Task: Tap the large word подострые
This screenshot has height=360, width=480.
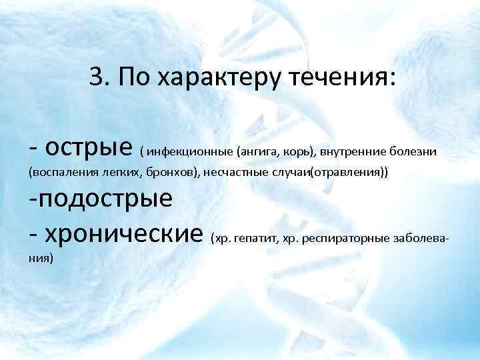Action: [101, 199]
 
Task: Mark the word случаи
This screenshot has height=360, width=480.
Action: [289, 173]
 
